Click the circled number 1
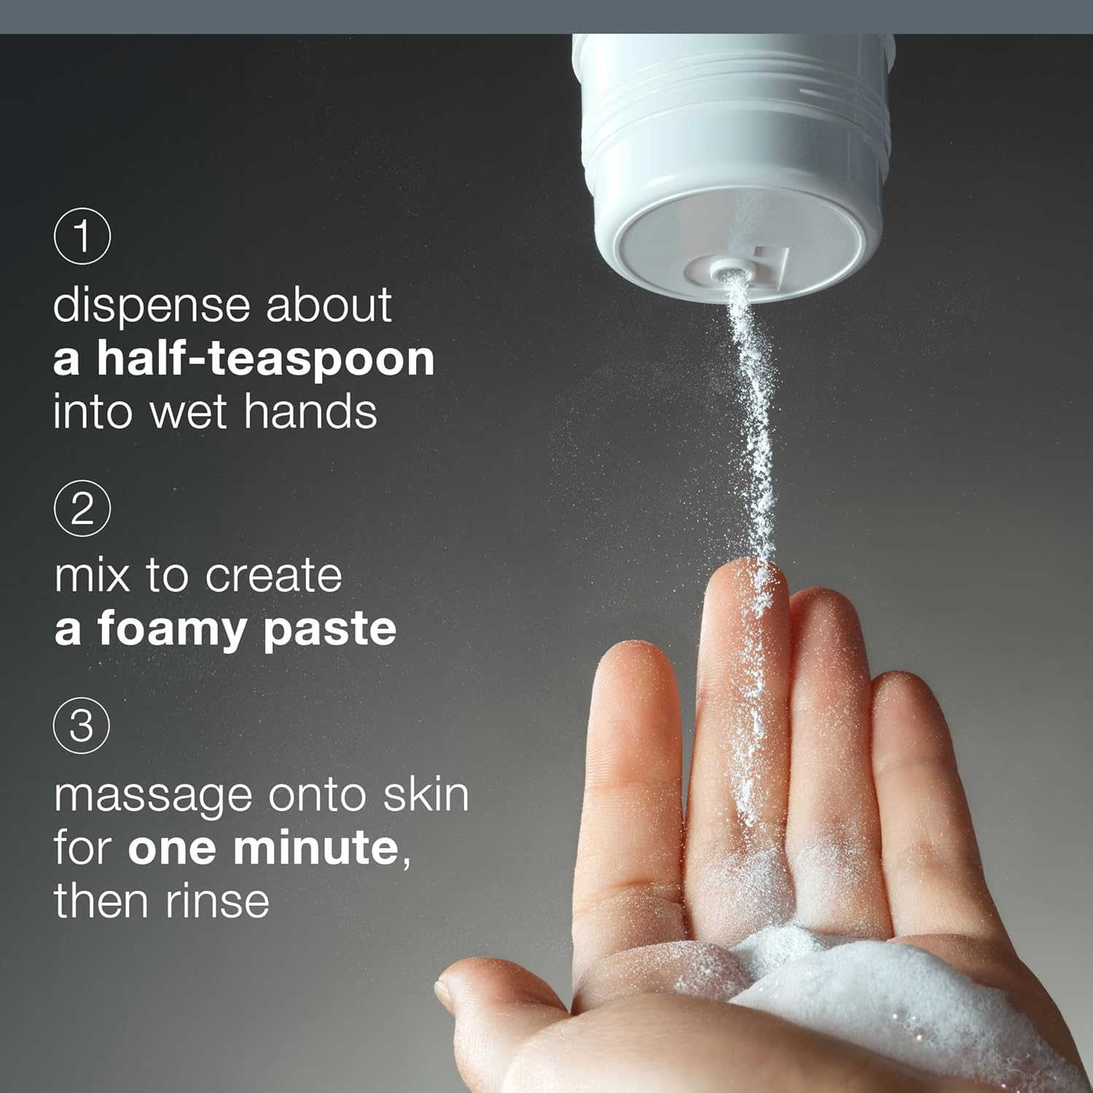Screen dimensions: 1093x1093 click(82, 235)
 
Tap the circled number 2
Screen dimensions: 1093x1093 click(82, 508)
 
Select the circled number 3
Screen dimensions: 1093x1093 click(82, 725)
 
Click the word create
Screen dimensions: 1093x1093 click(273, 576)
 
